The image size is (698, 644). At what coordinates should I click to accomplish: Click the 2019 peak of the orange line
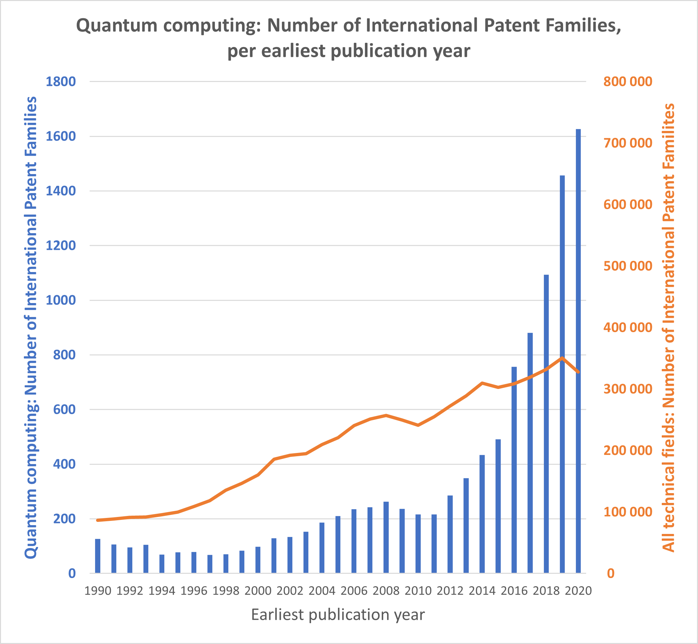point(562,358)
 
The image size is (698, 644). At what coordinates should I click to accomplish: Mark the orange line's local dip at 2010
point(418,425)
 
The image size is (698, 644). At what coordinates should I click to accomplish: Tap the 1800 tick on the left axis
point(61,82)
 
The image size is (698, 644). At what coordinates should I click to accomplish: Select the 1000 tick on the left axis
point(61,300)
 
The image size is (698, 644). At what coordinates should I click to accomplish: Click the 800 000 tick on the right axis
point(627,82)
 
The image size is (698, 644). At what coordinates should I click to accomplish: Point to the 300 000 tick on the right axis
point(627,389)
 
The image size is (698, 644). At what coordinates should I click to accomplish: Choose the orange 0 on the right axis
point(610,573)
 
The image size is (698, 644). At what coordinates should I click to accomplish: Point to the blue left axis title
point(31,328)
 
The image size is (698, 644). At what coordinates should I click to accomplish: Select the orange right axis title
point(668,328)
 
